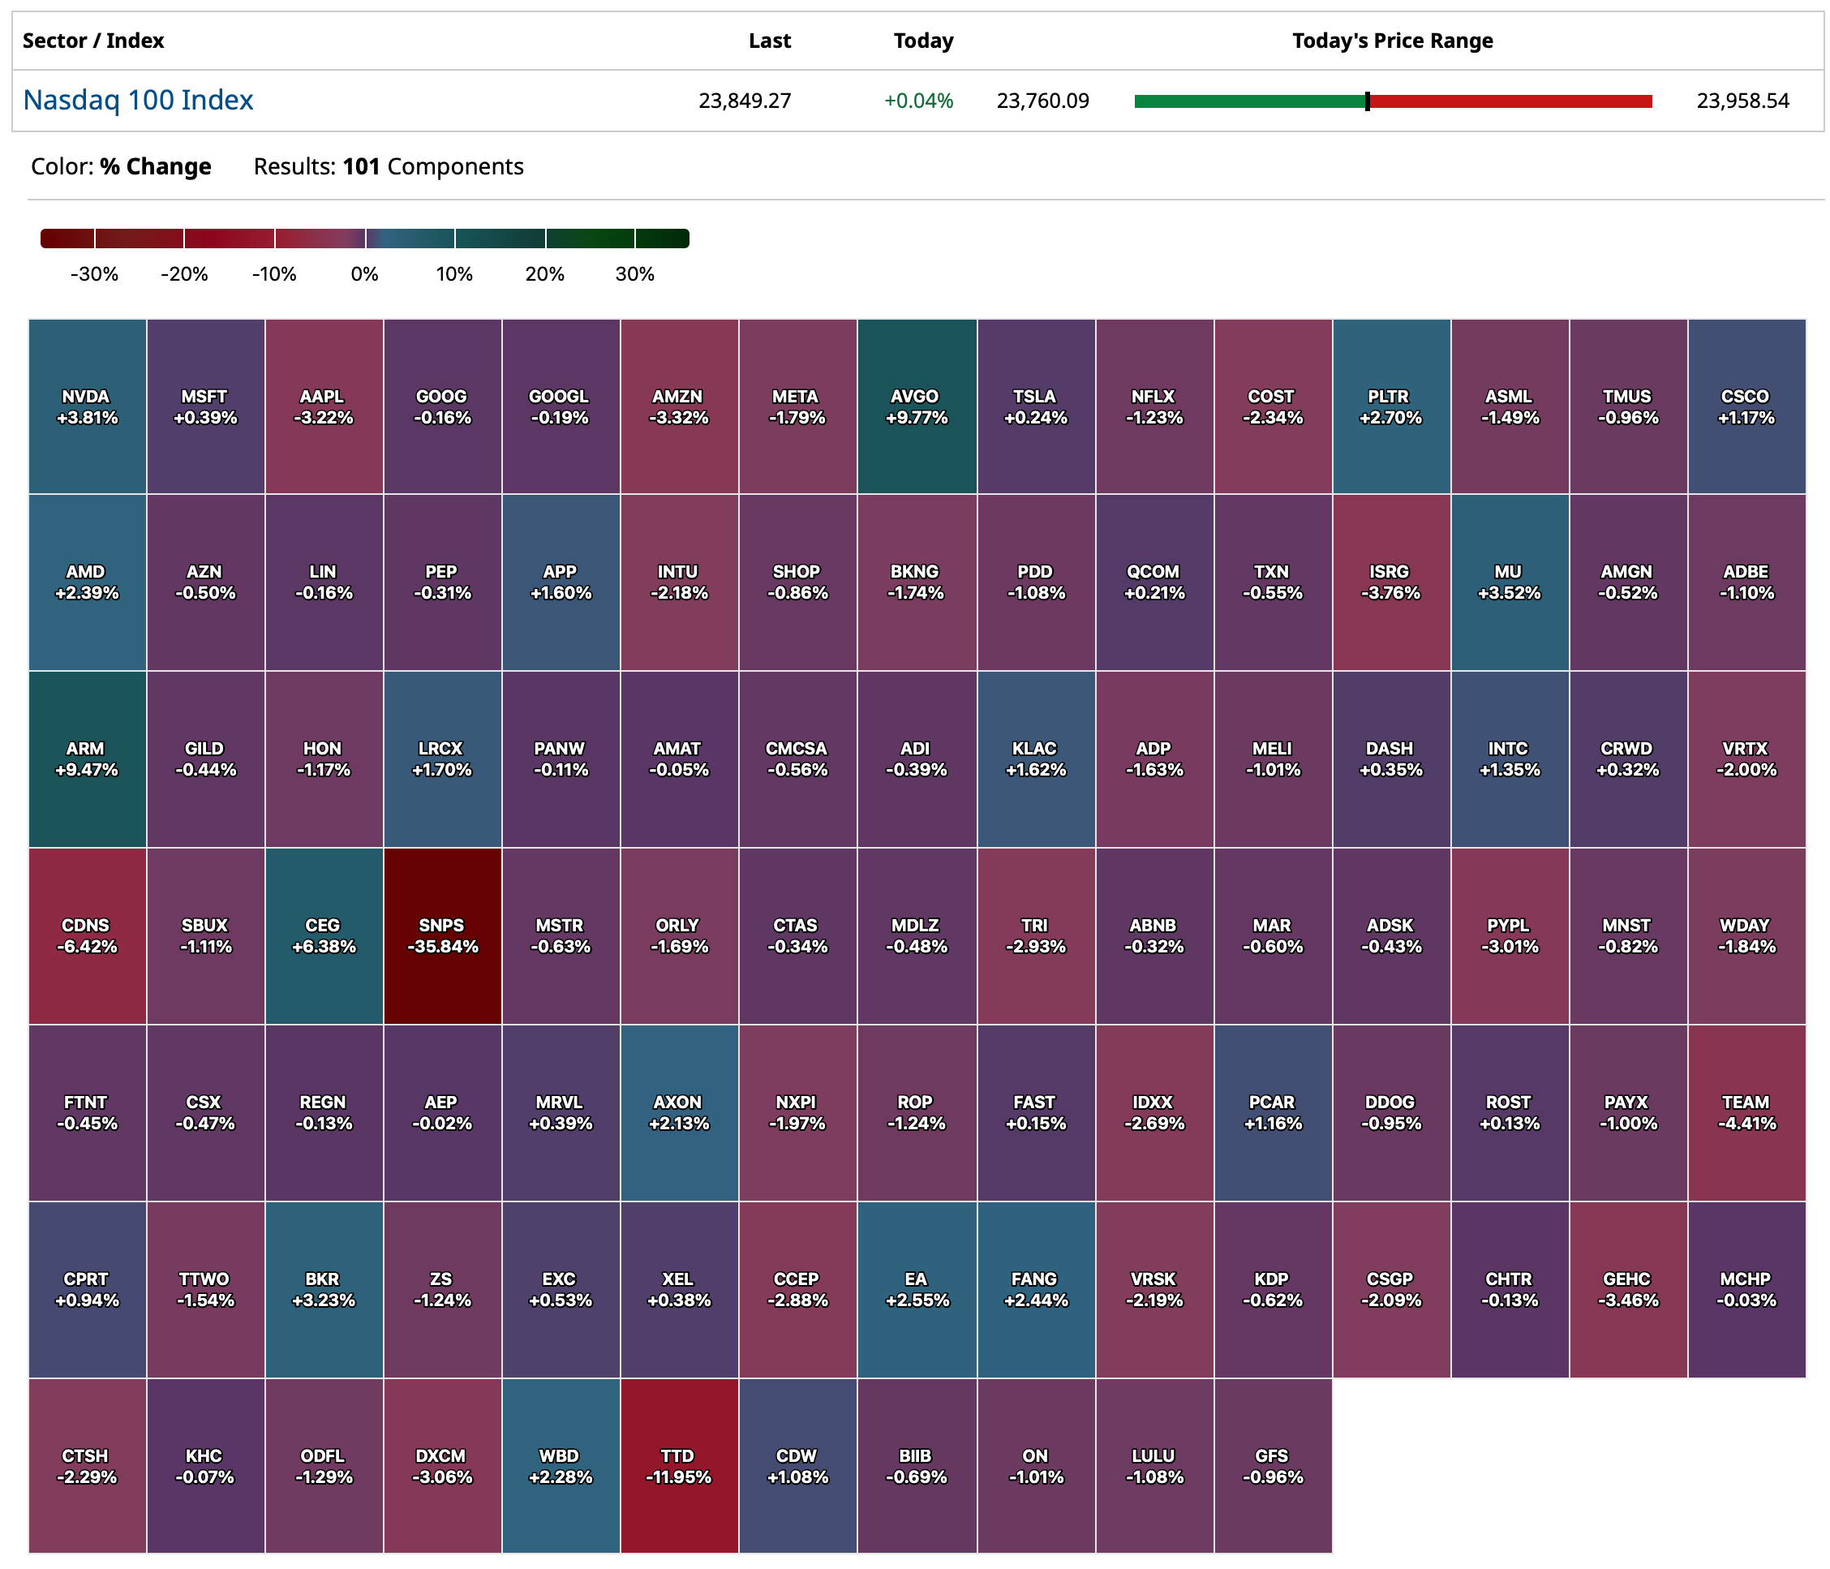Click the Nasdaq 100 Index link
138,100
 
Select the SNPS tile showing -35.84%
442,935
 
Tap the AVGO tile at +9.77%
916,406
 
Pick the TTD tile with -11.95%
678,1466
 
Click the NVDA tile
87,406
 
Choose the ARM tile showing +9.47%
87,759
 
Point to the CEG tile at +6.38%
324,935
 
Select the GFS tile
1272,1466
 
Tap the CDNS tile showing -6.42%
87,935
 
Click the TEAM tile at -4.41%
1746,1112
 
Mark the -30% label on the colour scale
93,274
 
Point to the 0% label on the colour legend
364,274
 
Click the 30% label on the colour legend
634,274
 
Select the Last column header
769,41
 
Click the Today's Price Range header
1392,41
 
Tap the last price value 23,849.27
745,101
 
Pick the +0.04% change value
918,101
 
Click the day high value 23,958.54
1742,101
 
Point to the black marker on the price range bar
1367,101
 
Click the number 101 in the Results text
361,166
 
